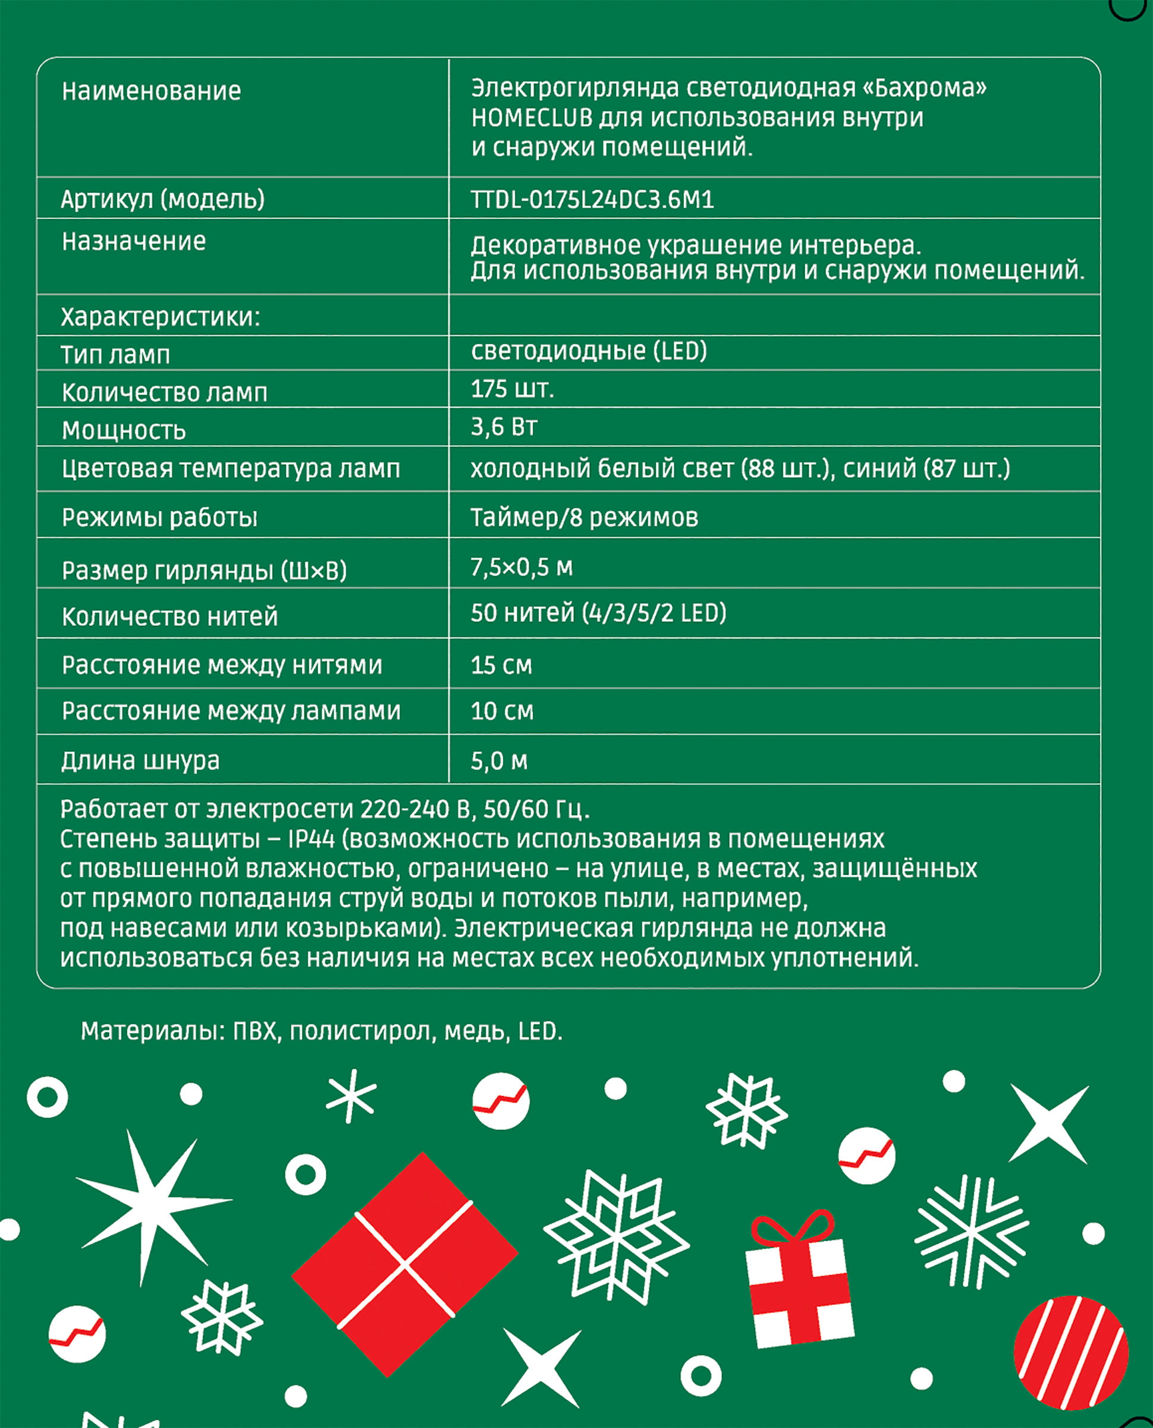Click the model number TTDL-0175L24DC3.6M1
pos(592,199)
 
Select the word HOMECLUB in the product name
pos(532,118)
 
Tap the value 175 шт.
pos(512,389)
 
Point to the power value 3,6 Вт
pos(504,427)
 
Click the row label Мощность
pos(124,431)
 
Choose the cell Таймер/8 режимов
pos(584,517)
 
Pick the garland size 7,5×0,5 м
pos(521,567)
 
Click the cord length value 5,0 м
pos(499,760)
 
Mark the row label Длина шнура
pos(140,760)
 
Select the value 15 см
pos(501,665)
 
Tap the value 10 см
pos(502,711)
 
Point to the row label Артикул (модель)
pos(163,199)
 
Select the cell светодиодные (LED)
pos(589,351)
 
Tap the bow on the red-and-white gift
pos(793,1229)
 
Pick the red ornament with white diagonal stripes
pos(1070,1352)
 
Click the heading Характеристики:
pos(160,317)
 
